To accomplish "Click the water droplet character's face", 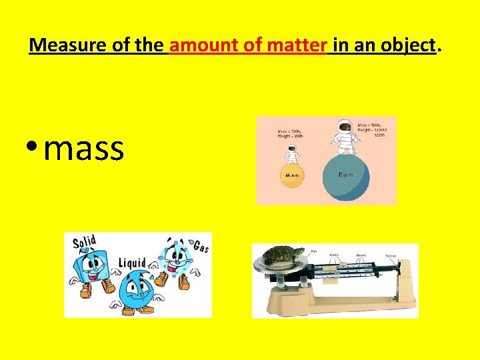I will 136,288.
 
